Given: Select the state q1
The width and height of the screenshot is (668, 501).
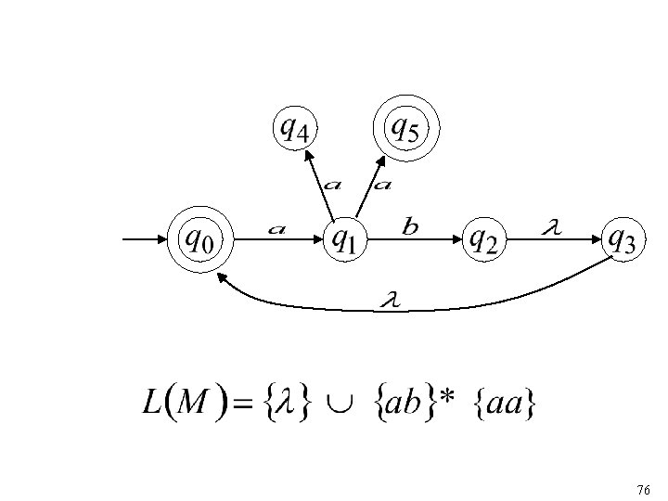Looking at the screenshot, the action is point(343,240).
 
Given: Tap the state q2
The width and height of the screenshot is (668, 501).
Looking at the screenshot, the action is point(483,240).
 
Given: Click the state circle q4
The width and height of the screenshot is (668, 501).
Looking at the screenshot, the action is point(295,129).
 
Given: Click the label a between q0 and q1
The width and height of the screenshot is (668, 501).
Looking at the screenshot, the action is point(276,228).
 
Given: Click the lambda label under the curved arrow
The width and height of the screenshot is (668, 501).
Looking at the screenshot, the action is point(390,300).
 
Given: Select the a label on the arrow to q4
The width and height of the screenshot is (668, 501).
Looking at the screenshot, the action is point(330,184).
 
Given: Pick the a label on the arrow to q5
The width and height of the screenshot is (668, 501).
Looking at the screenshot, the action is point(381,184).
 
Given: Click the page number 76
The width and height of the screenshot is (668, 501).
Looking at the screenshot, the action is point(644,488).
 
